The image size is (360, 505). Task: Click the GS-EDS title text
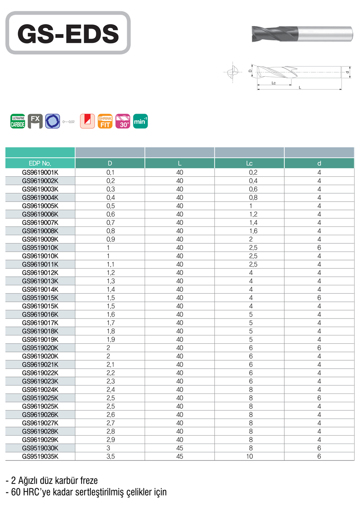[68, 33]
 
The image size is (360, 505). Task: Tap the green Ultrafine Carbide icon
[18, 121]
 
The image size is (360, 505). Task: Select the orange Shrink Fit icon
[105, 121]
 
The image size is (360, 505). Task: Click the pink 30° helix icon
[123, 121]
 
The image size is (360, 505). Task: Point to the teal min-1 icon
[140, 121]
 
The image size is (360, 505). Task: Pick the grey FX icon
[35, 121]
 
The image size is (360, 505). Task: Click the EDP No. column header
[40, 163]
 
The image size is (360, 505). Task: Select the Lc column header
[249, 163]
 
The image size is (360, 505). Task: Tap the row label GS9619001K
[40, 172]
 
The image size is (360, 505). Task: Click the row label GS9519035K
[40, 456]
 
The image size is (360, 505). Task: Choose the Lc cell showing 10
[249, 456]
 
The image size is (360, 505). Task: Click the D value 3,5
[110, 456]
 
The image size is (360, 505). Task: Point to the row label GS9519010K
[40, 247]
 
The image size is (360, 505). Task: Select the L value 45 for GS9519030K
[180, 448]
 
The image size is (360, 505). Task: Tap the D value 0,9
[110, 239]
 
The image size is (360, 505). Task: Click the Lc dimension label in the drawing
[273, 83]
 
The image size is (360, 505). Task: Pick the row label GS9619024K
[40, 389]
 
